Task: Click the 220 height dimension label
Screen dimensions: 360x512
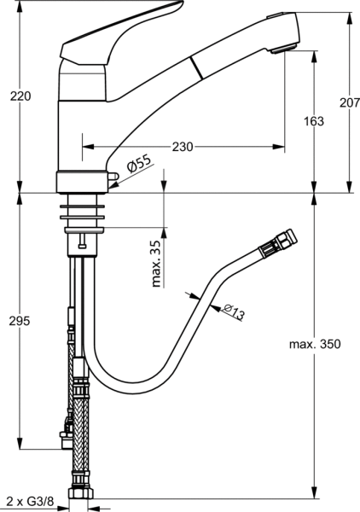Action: [x=20, y=96]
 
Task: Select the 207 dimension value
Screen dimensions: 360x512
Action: [x=350, y=103]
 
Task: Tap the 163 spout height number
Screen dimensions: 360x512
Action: [x=314, y=121]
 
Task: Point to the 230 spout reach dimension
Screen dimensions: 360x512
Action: [x=183, y=147]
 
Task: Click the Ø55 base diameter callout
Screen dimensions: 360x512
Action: [x=140, y=163]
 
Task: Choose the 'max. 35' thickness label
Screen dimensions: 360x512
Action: [x=157, y=265]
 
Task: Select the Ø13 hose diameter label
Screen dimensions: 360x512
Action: [x=234, y=311]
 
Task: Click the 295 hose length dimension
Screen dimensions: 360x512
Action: [x=20, y=321]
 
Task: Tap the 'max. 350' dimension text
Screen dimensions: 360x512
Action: [x=315, y=344]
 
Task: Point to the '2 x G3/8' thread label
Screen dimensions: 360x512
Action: [x=30, y=501]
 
